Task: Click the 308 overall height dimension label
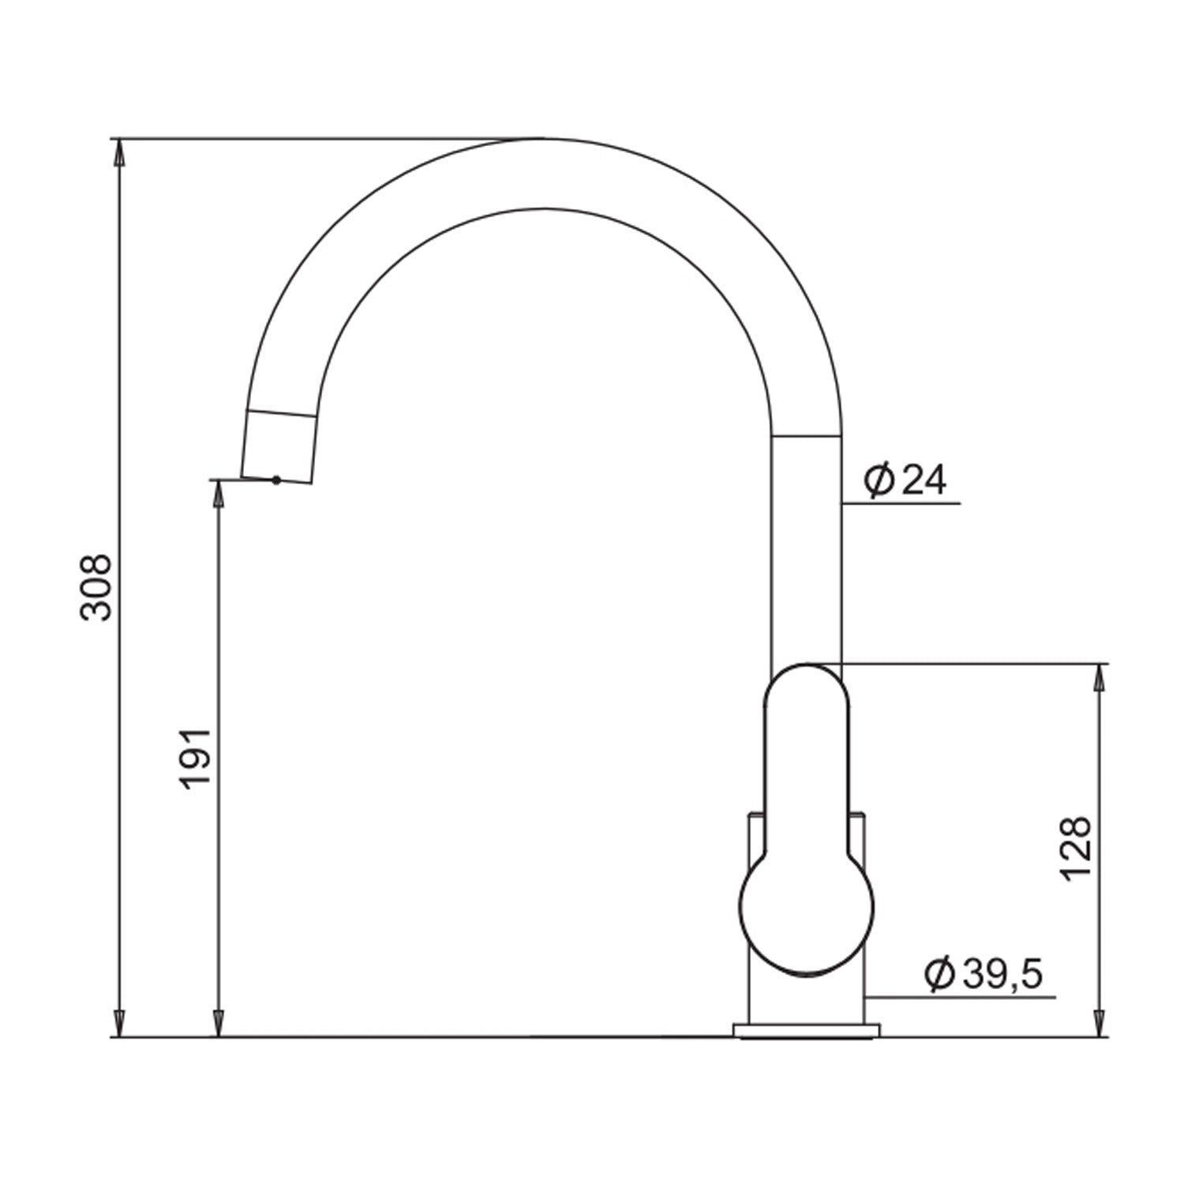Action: click(98, 587)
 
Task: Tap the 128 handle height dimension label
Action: click(1076, 849)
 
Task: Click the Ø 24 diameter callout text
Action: click(905, 480)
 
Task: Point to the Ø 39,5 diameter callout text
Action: click(984, 975)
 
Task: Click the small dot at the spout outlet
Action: click(275, 479)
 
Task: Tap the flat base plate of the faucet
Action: click(806, 1030)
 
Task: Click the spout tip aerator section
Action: click(281, 447)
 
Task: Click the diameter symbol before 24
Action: click(878, 480)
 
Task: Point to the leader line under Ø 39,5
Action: click(960, 998)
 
